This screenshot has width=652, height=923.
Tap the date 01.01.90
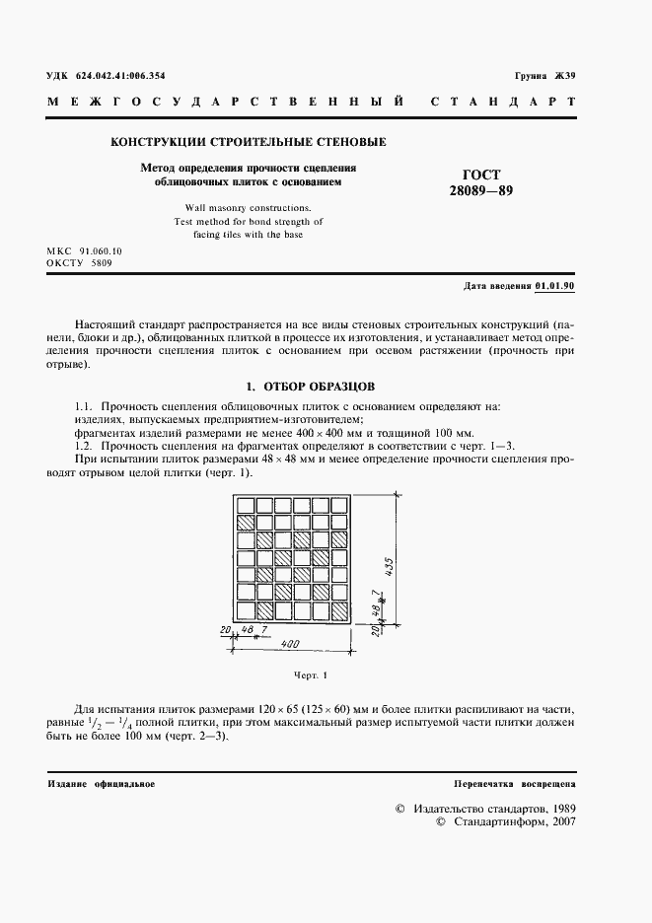[555, 286]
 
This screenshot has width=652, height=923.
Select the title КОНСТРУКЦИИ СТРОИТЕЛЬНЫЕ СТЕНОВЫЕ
[248, 142]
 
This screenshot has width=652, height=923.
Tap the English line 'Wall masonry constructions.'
[248, 208]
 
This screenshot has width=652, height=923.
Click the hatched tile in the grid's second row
[246, 523]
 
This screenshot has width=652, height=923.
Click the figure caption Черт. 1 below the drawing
[309, 676]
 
